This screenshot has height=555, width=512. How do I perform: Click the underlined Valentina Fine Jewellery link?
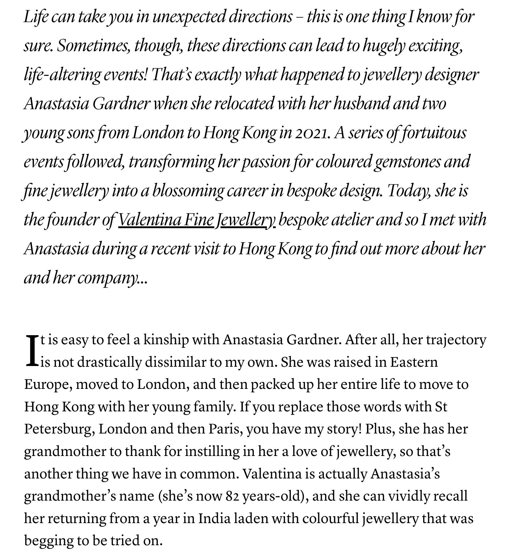coord(197,220)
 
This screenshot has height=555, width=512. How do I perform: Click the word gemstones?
coord(407,162)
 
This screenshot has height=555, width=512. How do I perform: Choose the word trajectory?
coord(456,340)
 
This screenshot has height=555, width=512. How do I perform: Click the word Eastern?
coord(414,362)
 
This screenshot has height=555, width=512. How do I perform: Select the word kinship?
coord(166,340)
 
